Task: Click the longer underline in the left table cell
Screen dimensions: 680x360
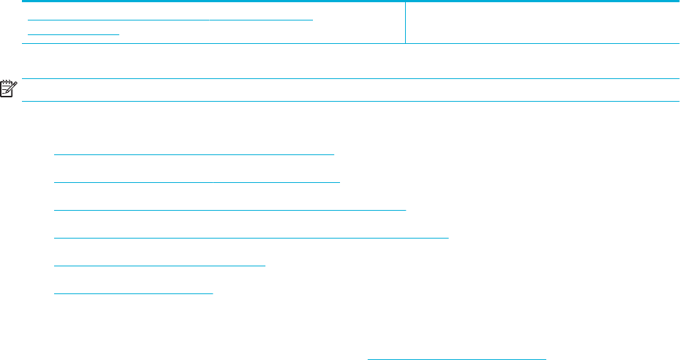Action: [170, 18]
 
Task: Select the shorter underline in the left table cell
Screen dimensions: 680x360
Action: [73, 34]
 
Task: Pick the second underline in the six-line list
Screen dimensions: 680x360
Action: [197, 179]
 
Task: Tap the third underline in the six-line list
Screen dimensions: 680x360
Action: [230, 209]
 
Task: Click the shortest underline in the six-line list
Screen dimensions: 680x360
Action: [133, 293]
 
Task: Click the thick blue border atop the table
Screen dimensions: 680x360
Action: [351, 1]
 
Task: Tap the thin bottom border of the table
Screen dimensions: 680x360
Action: [351, 44]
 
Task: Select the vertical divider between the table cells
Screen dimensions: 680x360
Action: [405, 23]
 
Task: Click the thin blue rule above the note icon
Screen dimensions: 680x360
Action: [351, 78]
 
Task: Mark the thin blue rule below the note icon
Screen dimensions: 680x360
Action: [351, 101]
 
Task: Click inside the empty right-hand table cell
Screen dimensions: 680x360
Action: [541, 23]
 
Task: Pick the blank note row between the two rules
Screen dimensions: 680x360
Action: [351, 90]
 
